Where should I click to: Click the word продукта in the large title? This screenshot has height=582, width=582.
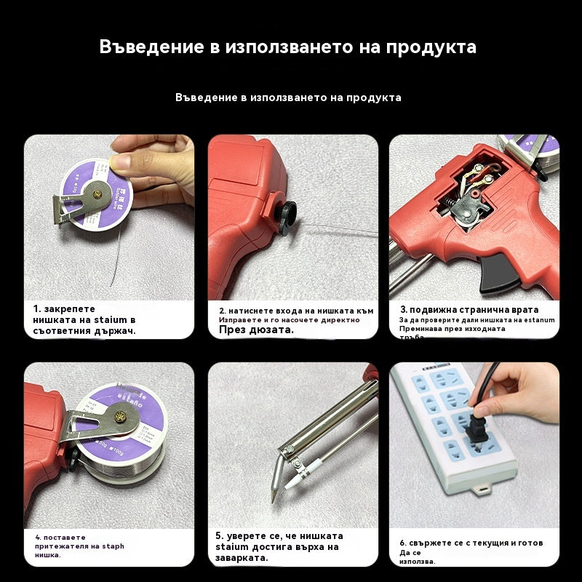coord(431,47)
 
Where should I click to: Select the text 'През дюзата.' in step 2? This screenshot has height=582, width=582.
coord(256,330)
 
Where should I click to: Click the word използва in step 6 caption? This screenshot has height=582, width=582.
coord(418,561)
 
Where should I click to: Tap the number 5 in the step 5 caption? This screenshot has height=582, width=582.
coord(218,535)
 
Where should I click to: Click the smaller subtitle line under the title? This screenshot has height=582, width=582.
coord(288,97)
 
